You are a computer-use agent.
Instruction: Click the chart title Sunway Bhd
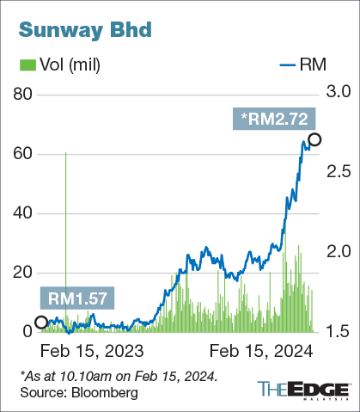(x=82, y=30)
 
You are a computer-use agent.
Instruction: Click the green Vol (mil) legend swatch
(x=25, y=65)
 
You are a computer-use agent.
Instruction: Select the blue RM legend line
(x=292, y=65)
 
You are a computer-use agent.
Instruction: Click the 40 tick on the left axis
(x=21, y=212)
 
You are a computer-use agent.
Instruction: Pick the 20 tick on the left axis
(x=21, y=272)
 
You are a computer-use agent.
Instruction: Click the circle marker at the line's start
(x=40, y=323)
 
